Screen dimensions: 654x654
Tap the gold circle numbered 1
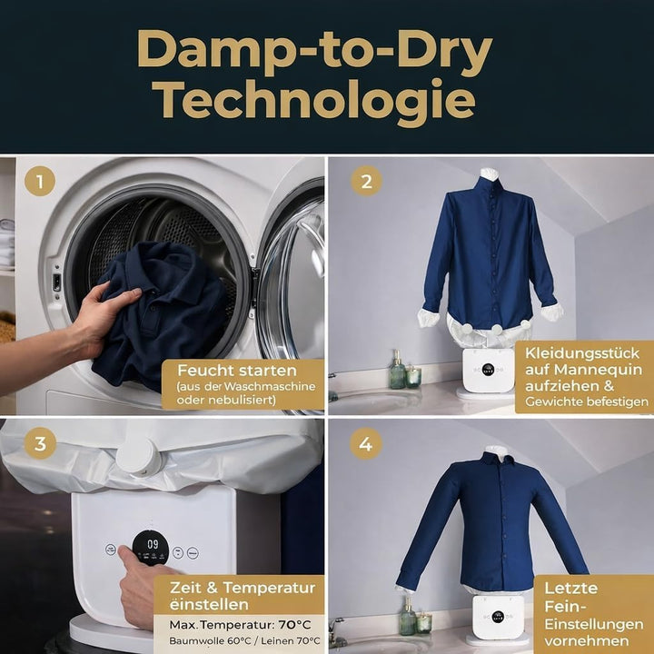[40, 182]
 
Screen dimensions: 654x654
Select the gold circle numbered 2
[367, 181]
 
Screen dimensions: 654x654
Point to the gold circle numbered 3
[40, 443]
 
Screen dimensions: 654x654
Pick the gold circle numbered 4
[365, 444]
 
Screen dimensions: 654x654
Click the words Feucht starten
[237, 370]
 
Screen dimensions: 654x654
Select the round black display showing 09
[151, 548]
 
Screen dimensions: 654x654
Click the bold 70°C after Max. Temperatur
[295, 624]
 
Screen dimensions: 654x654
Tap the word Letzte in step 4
[571, 588]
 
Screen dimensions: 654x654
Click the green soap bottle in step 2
[397, 371]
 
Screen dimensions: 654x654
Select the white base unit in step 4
[497, 618]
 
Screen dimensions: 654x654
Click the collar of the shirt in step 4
[496, 459]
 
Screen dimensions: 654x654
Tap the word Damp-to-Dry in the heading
[315, 49]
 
